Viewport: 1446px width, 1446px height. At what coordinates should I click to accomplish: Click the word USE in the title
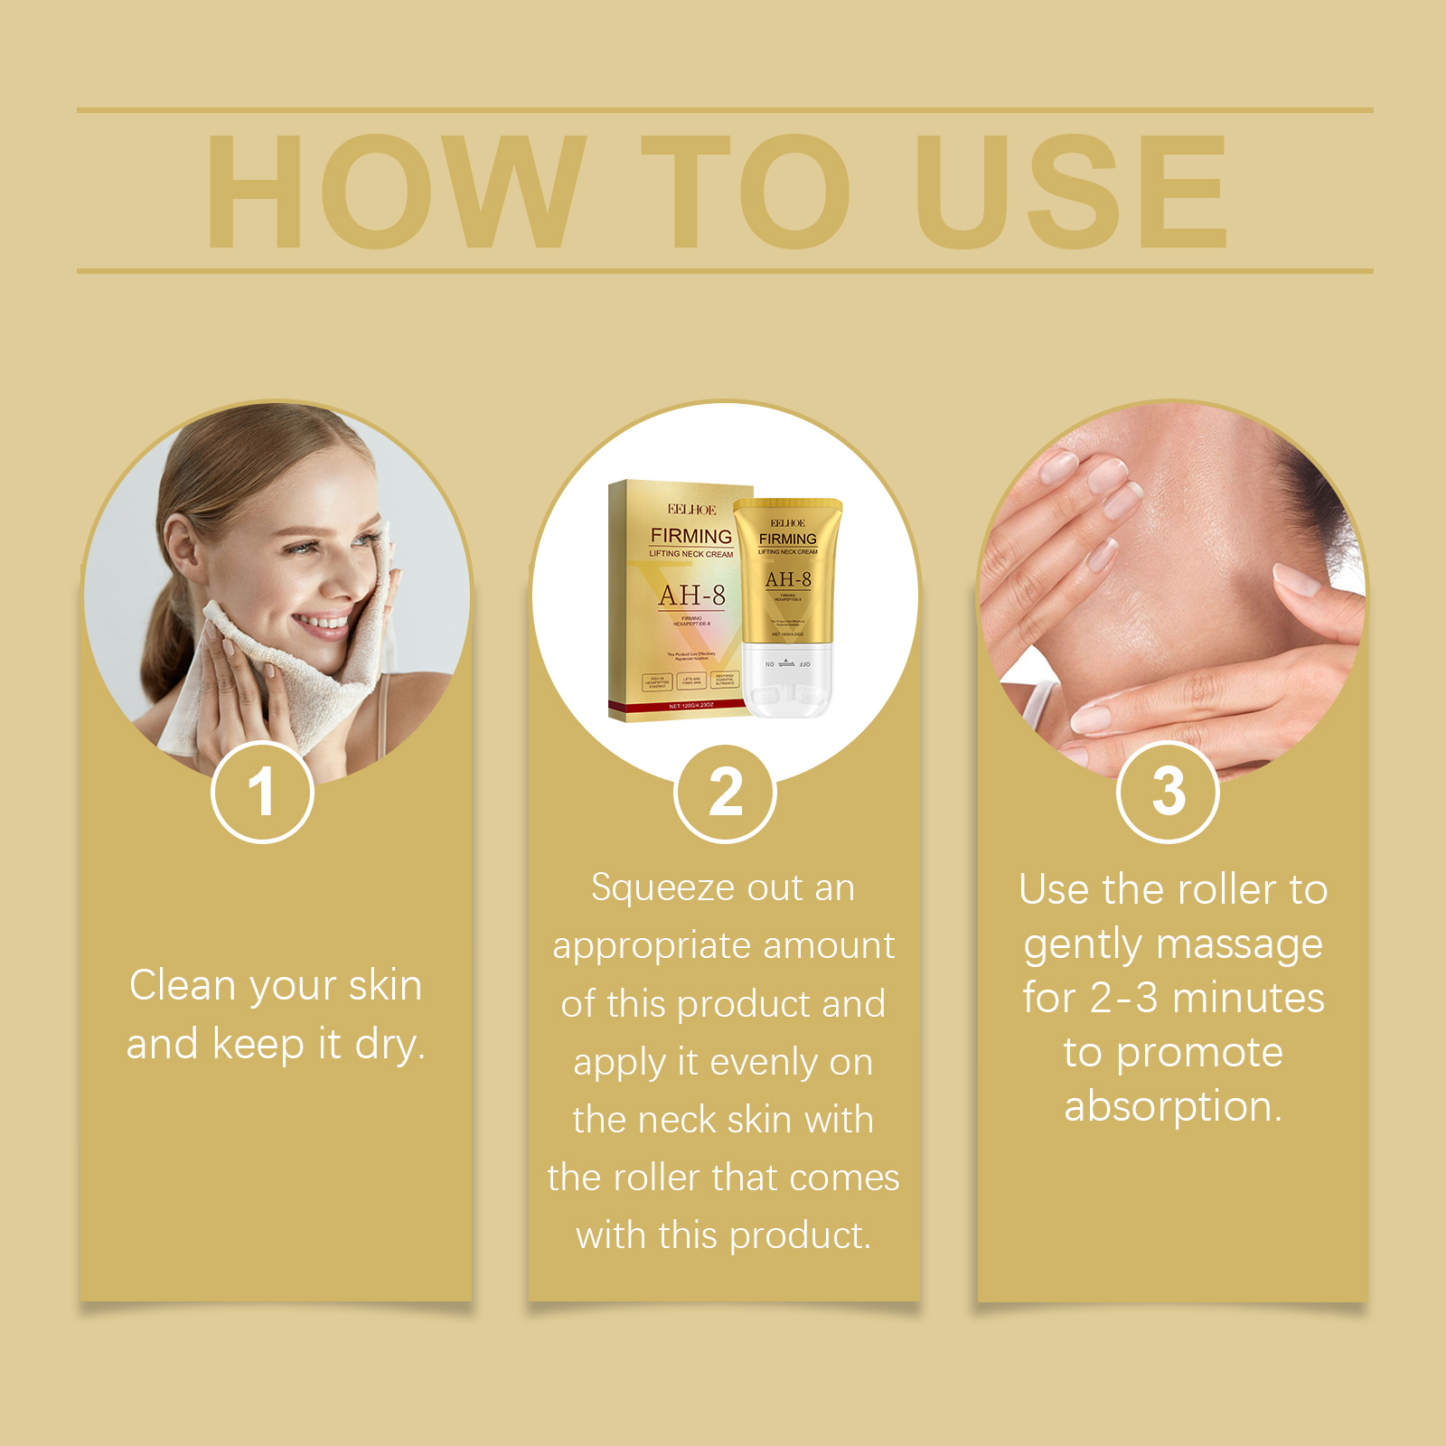(1071, 192)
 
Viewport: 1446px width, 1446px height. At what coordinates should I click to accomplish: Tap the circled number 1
(262, 793)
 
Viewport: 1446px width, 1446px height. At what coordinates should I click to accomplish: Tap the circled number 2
(725, 793)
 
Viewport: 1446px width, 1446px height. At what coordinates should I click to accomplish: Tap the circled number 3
(1168, 793)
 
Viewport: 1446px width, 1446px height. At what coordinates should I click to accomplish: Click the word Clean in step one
(183, 985)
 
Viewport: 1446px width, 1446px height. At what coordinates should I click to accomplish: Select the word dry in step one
(389, 1045)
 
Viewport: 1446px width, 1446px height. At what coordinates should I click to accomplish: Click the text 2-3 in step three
(1123, 999)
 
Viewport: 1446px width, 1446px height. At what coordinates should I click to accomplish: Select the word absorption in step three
(1172, 1107)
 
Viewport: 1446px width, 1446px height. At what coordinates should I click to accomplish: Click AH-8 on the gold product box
(691, 596)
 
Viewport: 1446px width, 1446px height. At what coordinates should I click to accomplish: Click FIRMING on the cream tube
(787, 539)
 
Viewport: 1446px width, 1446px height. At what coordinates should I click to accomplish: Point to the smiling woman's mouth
(321, 624)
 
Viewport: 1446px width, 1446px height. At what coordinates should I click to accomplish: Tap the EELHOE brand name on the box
(691, 510)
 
